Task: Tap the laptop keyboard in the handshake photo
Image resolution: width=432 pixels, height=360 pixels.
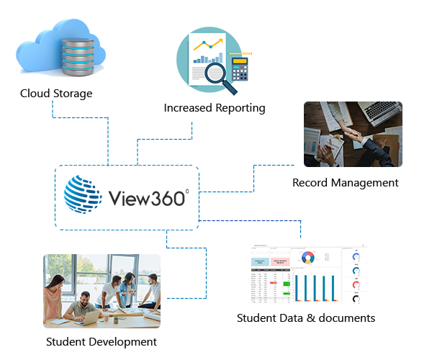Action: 382,112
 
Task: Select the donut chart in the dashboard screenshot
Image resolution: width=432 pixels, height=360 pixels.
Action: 309,257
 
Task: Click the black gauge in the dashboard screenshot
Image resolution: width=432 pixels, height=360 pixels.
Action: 355,299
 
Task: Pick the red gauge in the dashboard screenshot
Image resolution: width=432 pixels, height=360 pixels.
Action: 355,285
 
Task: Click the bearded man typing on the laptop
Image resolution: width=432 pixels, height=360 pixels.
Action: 87,300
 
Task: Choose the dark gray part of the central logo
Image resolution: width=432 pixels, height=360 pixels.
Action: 148,194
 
